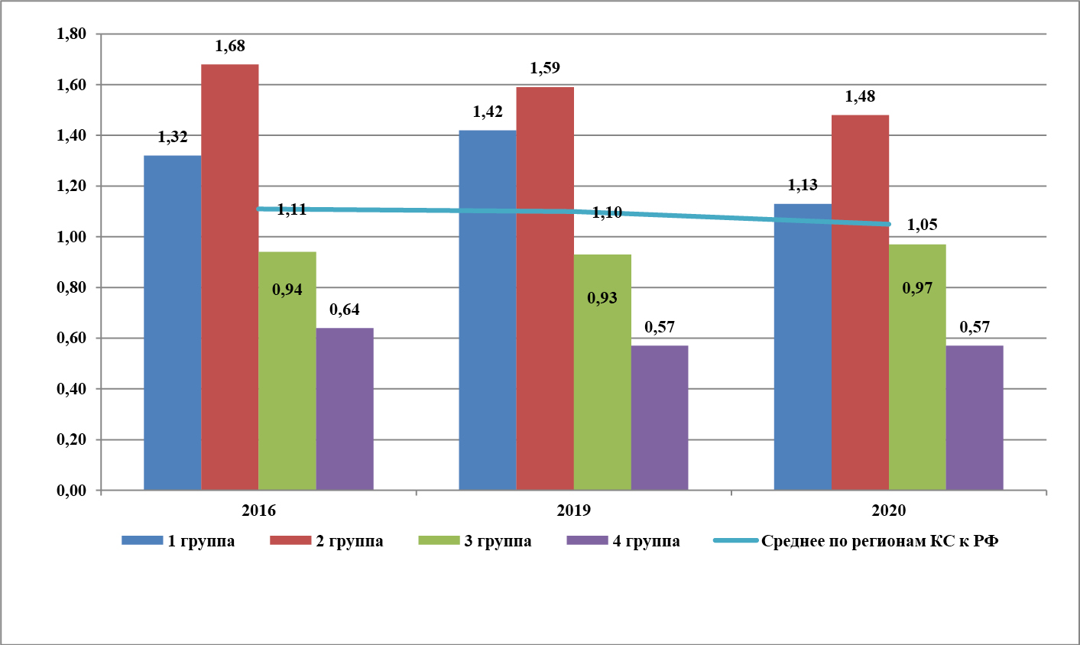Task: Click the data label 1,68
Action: pos(230,46)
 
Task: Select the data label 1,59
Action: pos(545,68)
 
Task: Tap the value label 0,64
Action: pos(345,310)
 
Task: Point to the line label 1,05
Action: pos(922,225)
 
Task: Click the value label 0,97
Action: pos(917,288)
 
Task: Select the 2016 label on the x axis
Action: pos(258,511)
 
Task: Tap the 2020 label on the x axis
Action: pos(889,511)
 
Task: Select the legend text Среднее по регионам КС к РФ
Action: pos(880,541)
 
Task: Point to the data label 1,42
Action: pos(488,112)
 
